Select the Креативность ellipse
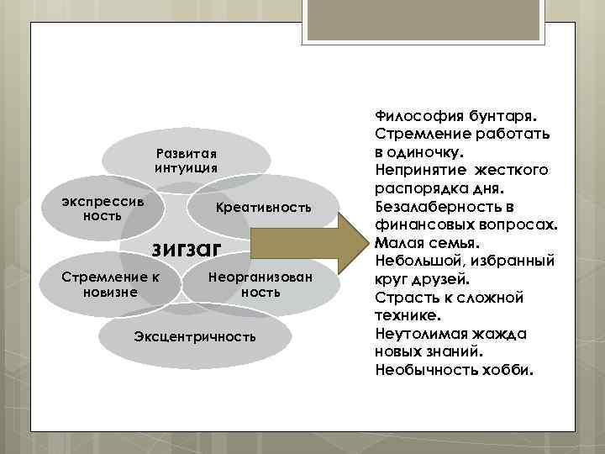[263, 207]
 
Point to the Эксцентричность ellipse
[194, 337]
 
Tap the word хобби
[506, 370]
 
